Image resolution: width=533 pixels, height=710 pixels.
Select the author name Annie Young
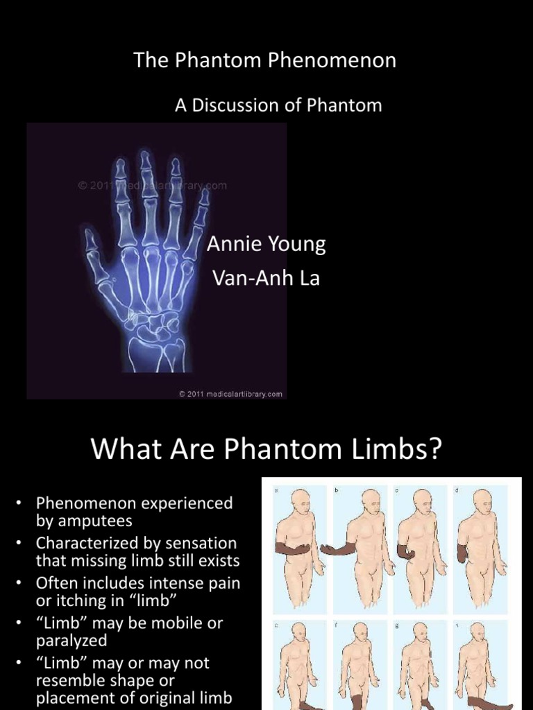click(x=266, y=244)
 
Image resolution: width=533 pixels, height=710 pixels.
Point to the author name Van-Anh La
click(x=265, y=279)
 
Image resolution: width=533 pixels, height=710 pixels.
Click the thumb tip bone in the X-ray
click(x=90, y=238)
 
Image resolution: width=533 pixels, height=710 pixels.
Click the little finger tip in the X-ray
click(x=204, y=196)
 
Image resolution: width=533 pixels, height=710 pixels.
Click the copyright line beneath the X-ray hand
click(x=230, y=394)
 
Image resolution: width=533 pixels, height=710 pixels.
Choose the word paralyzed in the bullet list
click(x=71, y=640)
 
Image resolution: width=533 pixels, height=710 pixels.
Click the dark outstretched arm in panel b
click(x=338, y=549)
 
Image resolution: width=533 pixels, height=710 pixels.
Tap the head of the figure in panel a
click(x=301, y=500)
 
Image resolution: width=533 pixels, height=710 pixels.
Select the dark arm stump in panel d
click(x=462, y=553)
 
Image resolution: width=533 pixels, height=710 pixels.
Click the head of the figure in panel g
click(x=421, y=633)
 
